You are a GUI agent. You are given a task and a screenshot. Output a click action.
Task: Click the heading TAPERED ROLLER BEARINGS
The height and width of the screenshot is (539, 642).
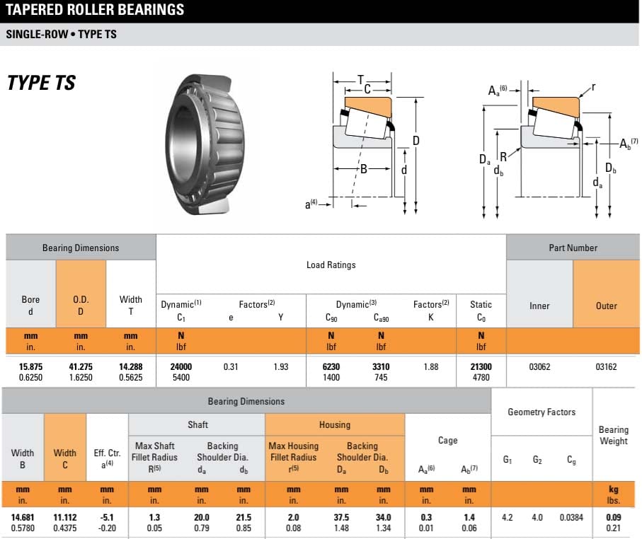95,10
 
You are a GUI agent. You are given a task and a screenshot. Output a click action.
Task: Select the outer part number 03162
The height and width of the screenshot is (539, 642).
606,367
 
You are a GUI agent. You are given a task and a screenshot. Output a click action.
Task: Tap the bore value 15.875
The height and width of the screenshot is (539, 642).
30,367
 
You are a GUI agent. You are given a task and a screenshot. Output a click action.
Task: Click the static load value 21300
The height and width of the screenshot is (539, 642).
481,367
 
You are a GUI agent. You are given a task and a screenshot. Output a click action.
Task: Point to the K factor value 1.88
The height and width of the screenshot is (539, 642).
430,367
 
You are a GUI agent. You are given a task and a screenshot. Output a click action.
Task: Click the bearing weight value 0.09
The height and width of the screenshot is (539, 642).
613,517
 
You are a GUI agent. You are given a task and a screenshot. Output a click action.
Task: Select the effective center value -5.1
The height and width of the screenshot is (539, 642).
107,517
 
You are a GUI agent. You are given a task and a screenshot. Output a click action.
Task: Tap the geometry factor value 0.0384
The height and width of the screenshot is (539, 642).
571,517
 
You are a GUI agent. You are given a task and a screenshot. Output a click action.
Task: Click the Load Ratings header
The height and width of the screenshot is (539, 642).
331,265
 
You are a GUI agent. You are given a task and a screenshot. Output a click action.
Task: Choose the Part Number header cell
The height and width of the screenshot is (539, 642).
573,248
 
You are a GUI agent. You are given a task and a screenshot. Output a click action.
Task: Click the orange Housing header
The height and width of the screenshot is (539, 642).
334,424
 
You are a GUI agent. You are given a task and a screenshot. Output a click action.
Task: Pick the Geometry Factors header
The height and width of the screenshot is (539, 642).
541,412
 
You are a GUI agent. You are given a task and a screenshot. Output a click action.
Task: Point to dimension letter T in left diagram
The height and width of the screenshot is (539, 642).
360,79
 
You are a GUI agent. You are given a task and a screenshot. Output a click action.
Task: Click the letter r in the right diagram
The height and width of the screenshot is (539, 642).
593,88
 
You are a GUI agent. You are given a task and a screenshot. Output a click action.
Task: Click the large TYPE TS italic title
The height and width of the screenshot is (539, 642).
41,83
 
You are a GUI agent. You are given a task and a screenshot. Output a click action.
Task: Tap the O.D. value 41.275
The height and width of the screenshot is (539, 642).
81,367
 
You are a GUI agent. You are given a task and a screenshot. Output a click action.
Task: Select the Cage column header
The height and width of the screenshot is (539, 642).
447,440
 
